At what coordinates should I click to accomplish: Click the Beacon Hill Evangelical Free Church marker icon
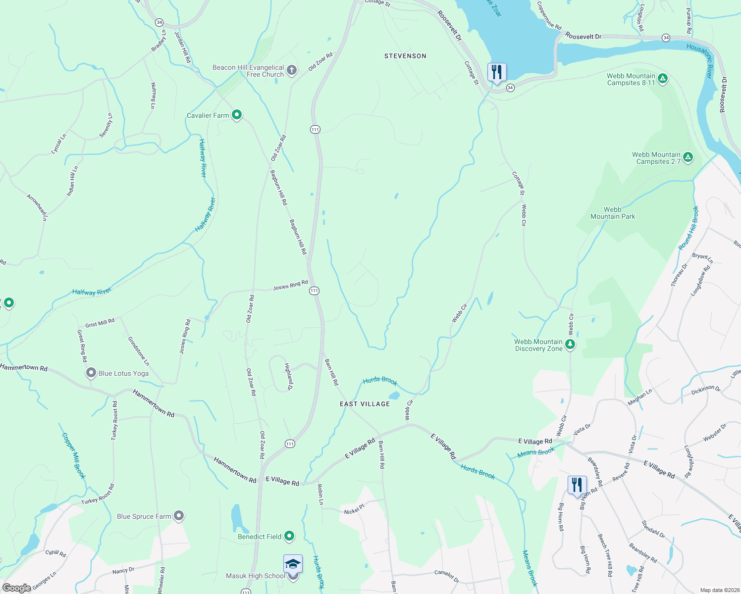(292, 70)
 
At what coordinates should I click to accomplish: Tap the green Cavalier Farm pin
(237, 115)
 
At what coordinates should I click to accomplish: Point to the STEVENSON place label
(405, 56)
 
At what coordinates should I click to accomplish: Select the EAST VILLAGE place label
(365, 404)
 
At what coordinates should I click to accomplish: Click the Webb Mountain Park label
(612, 213)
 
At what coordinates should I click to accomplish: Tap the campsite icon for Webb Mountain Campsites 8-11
(663, 78)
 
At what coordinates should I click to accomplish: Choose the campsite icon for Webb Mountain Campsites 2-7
(688, 157)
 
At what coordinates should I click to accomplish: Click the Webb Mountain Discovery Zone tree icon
(570, 344)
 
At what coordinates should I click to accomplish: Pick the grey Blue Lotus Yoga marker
(91, 373)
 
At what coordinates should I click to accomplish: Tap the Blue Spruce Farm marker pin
(179, 516)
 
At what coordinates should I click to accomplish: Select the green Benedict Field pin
(289, 536)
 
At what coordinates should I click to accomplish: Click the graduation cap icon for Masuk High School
(293, 564)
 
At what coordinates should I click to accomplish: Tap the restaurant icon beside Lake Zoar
(496, 72)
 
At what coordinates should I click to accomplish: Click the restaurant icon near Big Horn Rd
(577, 485)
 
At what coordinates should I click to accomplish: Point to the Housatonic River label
(699, 60)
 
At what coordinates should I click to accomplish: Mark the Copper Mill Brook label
(74, 456)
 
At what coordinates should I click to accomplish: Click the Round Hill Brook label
(688, 228)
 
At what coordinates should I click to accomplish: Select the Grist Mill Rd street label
(100, 323)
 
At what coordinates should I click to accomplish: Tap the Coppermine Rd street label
(549, 15)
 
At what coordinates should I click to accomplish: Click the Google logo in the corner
(17, 588)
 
